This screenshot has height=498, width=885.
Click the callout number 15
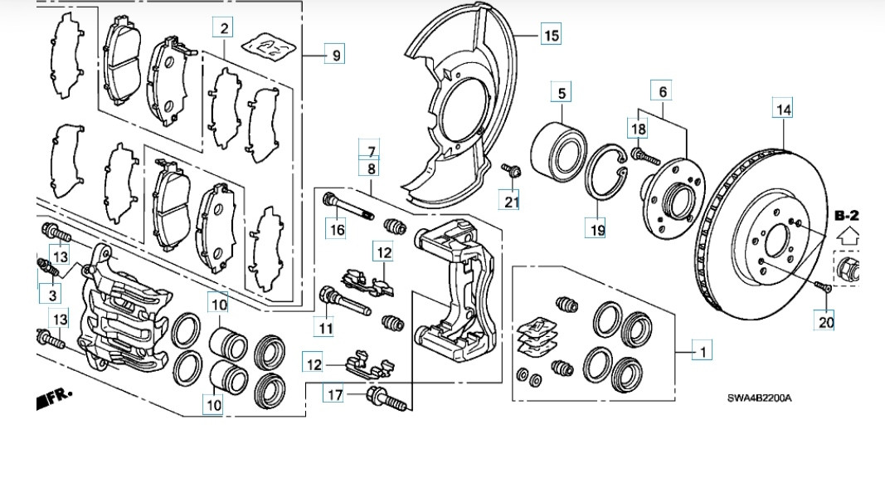point(551,35)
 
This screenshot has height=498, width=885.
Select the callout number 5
point(562,93)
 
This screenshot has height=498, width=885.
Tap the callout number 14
point(783,108)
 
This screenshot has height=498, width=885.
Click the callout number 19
point(596,227)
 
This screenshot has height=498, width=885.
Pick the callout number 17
point(334,395)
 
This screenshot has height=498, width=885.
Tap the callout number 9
point(335,56)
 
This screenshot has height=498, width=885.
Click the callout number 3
point(52,295)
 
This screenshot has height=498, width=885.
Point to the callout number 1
point(702,352)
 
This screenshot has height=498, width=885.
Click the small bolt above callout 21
point(511,170)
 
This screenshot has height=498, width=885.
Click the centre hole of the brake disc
point(779,240)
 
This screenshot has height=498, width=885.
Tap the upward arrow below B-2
point(847,235)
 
